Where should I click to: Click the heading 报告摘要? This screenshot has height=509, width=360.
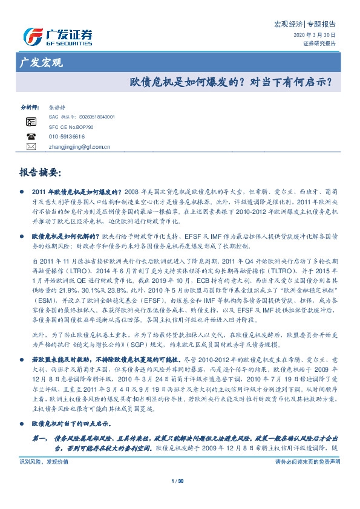pyautogui.click(x=41, y=172)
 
